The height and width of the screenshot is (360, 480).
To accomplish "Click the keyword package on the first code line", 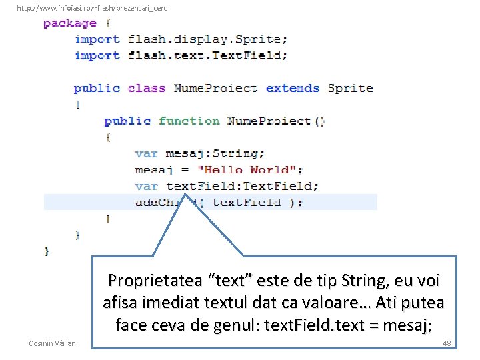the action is click(x=69, y=23).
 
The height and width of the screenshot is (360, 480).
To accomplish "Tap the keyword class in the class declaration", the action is click(x=146, y=88).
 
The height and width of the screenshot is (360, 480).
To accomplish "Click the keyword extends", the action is click(x=292, y=88).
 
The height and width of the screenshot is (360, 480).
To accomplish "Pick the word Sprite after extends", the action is click(x=350, y=88).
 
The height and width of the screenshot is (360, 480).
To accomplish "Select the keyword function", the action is click(x=189, y=121).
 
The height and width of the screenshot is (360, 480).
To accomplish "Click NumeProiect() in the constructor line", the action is click(x=276, y=121).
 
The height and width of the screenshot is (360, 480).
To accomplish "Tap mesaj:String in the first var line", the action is click(x=215, y=153).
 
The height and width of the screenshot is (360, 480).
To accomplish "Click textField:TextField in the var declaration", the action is click(x=242, y=186).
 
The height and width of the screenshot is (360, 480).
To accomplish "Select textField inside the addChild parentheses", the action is click(x=247, y=203).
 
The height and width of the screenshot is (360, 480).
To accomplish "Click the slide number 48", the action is click(x=446, y=343).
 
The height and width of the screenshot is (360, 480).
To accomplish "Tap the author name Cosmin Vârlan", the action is click(x=53, y=343).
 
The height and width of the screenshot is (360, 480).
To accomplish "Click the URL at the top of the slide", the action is click(x=91, y=8).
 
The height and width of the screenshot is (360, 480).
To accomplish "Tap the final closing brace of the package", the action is click(x=46, y=251).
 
